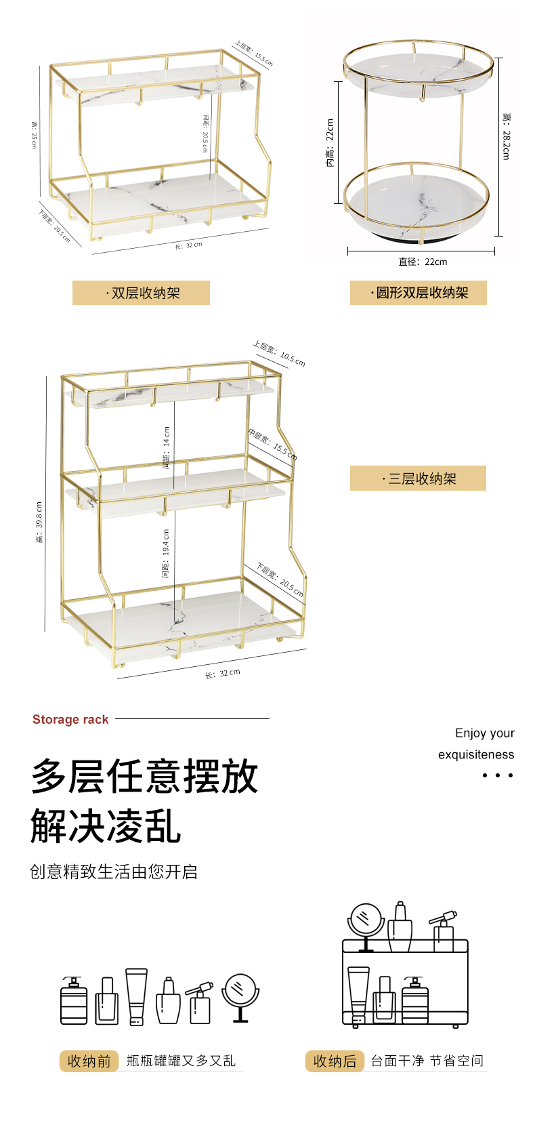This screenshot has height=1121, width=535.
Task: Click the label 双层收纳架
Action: tap(142, 293)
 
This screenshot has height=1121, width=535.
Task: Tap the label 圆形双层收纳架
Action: tap(419, 293)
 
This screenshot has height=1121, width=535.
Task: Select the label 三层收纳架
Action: tap(419, 478)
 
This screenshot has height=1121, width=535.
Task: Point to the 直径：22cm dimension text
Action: tap(423, 262)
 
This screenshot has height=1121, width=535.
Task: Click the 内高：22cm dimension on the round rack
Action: tap(330, 143)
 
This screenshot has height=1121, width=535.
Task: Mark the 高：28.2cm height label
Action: tap(506, 136)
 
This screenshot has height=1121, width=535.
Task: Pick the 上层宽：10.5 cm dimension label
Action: tap(279, 353)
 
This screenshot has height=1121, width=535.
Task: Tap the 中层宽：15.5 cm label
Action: tap(272, 444)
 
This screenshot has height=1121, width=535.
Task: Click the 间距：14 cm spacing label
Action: tap(167, 447)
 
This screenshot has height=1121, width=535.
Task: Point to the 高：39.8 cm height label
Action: tap(39, 522)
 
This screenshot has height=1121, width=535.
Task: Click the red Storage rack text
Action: tap(70, 720)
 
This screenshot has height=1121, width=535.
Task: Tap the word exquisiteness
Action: tap(475, 754)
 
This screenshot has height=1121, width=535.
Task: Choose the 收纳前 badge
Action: tap(89, 1061)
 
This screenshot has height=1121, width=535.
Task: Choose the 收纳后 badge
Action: tap(335, 1061)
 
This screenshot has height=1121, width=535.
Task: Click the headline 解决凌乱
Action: tap(106, 826)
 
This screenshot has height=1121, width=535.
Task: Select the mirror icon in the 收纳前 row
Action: tap(240, 996)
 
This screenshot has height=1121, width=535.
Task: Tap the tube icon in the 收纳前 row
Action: tap(136, 996)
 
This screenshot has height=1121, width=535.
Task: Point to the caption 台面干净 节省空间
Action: tap(427, 1061)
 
